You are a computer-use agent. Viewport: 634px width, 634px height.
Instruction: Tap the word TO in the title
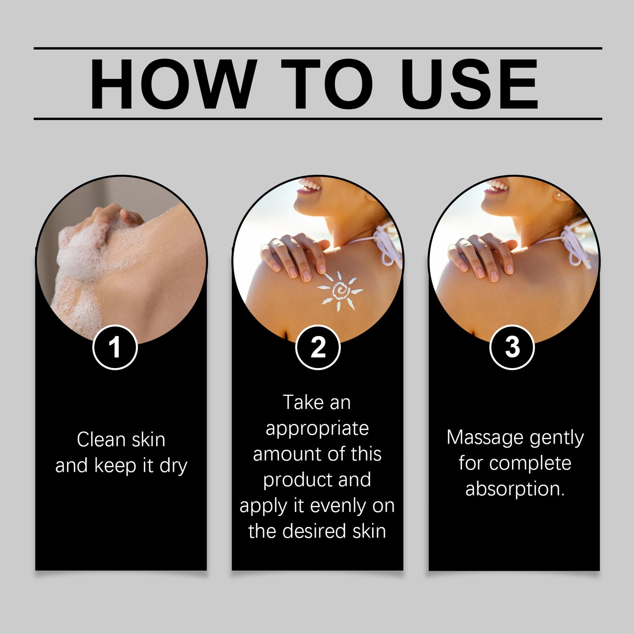pyautogui.click(x=326, y=84)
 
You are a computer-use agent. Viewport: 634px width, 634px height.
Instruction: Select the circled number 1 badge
pyautogui.click(x=115, y=347)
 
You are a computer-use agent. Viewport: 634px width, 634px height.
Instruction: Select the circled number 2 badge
pyautogui.click(x=318, y=347)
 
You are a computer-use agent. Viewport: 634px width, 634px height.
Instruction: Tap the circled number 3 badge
pyautogui.click(x=512, y=347)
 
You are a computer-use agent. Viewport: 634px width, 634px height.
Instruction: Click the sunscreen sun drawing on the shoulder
pyautogui.click(x=340, y=291)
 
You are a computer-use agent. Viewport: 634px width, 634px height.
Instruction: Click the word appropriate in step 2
pyautogui.click(x=317, y=429)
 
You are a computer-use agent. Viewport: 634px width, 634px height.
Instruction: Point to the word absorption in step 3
pyautogui.click(x=514, y=489)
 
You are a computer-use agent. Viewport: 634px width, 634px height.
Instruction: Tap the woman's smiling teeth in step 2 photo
pyautogui.click(x=310, y=187)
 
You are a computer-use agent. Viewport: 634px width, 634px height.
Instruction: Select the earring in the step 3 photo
pyautogui.click(x=559, y=194)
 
